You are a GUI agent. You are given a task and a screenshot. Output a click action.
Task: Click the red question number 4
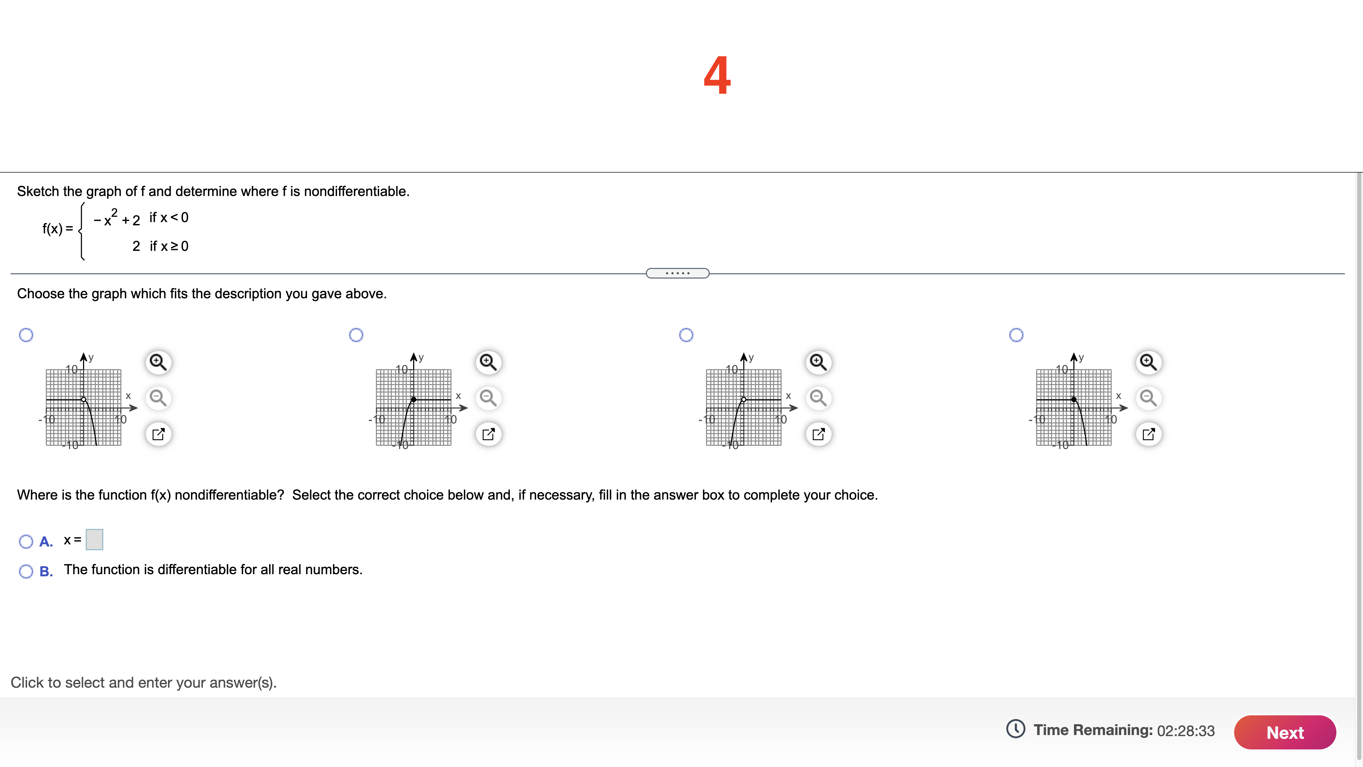(x=717, y=76)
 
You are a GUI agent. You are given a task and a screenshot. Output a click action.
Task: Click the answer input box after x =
(x=94, y=539)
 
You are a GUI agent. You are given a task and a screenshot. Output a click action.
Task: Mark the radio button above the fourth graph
(x=1016, y=334)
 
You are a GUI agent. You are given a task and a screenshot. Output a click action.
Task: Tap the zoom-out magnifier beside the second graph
(x=488, y=398)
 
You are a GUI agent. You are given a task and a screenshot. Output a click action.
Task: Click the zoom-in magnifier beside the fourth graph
(x=1148, y=362)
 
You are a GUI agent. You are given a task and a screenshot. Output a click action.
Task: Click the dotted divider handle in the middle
(x=677, y=273)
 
